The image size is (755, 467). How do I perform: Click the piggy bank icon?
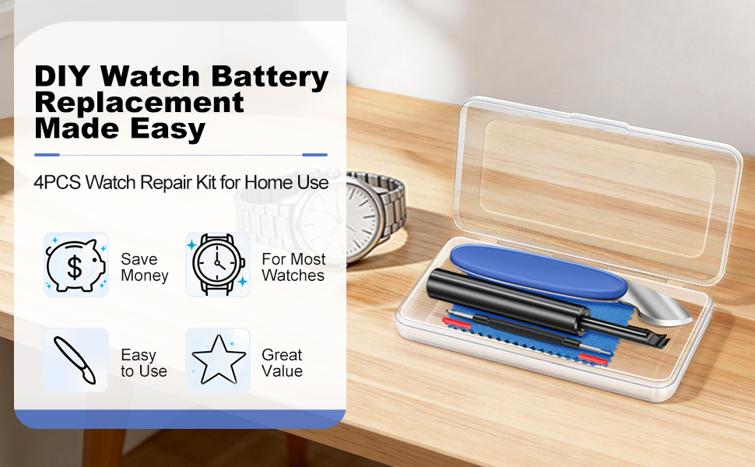tap(76, 265)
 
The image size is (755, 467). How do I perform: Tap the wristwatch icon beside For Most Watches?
tap(218, 265)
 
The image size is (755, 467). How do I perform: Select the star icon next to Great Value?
tap(218, 360)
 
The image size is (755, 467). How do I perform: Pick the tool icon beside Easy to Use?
tap(75, 360)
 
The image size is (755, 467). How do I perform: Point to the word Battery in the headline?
tap(269, 77)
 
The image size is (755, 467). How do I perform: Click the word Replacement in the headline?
tap(139, 103)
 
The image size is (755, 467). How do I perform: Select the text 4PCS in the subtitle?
tap(58, 183)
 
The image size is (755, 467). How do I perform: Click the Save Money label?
tap(145, 267)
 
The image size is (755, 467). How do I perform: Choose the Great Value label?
tap(283, 363)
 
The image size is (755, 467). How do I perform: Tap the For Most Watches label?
tap(293, 267)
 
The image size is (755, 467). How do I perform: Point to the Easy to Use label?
tap(143, 363)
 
